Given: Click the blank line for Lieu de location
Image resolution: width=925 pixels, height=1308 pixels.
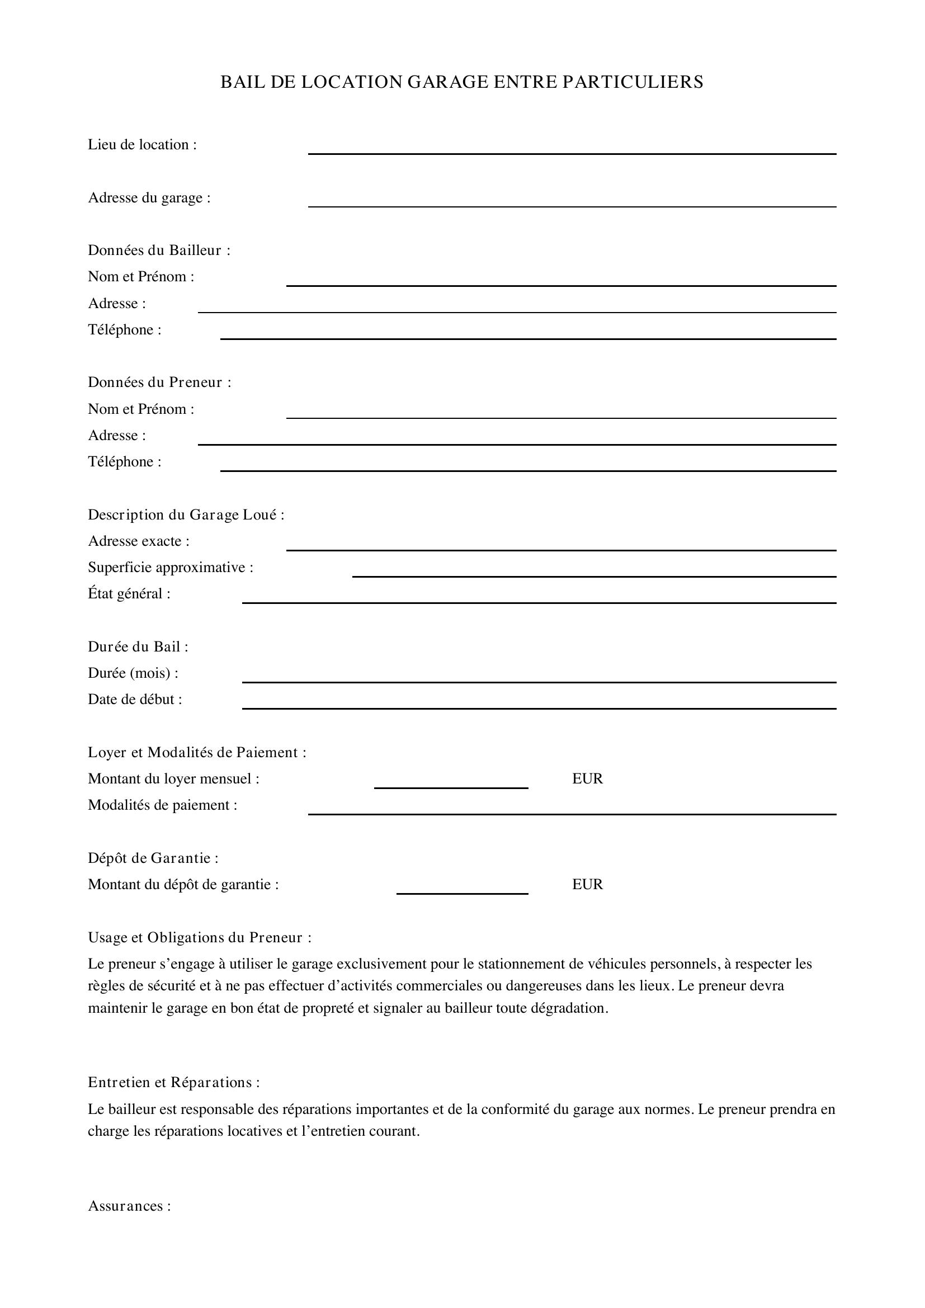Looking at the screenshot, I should tap(572, 150).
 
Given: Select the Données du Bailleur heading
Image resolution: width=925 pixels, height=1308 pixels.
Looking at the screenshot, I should tap(159, 250).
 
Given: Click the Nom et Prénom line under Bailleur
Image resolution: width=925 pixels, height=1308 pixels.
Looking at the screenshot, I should tap(560, 282).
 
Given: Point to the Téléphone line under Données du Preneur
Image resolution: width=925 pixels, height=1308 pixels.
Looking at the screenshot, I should tap(527, 468).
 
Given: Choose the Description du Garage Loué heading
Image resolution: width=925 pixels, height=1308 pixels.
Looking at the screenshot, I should tap(186, 514).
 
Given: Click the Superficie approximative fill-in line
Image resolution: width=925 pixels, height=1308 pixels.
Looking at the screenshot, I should tap(593, 573).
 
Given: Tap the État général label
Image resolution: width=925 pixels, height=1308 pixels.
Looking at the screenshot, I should tap(129, 594).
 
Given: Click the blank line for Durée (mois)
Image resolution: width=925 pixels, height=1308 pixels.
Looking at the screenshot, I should tap(539, 678).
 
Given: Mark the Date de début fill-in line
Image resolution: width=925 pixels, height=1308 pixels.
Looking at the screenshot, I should tap(539, 705).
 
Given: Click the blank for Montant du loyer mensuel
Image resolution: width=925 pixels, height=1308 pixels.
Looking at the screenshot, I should tap(451, 785).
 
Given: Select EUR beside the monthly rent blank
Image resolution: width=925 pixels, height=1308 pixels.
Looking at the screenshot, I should tap(587, 779).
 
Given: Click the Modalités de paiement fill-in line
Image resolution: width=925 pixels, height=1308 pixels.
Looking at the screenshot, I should tap(572, 811).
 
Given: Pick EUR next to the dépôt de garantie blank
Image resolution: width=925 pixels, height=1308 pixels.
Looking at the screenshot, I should tap(587, 884).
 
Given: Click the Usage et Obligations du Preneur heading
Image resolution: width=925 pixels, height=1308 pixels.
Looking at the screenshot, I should tap(199, 937).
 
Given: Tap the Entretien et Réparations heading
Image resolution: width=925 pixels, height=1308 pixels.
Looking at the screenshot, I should tap(174, 1083).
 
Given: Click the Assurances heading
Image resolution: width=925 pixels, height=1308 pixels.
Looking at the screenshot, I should tap(129, 1206).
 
